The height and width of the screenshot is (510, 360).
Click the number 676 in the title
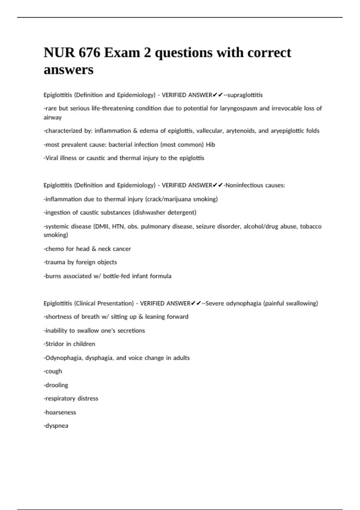pos(89,53)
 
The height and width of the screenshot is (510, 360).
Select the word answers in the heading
pos(68,70)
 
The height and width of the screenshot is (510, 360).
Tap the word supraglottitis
pos(245,95)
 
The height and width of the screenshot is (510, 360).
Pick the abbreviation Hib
pos(210,145)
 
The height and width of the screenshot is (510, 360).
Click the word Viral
pos(52,158)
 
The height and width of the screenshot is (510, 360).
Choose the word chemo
pos(55,249)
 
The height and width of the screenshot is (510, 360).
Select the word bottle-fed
pos(116,276)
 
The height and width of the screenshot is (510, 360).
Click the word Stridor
pos(55,344)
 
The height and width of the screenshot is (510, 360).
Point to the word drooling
pos(57,385)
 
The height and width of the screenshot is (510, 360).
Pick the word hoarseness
pos(61,412)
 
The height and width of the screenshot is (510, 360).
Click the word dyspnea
pos(57,426)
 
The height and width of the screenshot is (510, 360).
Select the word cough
pos(54,371)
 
